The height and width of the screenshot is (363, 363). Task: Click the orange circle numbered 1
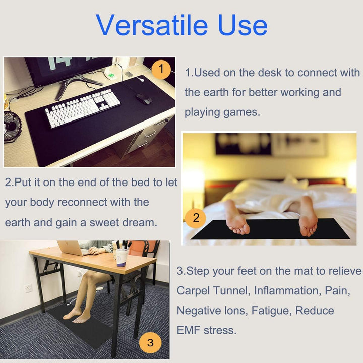pos(161,69)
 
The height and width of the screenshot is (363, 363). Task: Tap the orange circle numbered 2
pos(196,218)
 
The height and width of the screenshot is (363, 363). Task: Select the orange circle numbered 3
pos(150,344)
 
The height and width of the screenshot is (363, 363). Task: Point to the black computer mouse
pos(143,98)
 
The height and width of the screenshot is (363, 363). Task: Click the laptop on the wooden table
pos(71,248)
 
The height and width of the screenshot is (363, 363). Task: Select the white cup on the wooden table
pos(122,257)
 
